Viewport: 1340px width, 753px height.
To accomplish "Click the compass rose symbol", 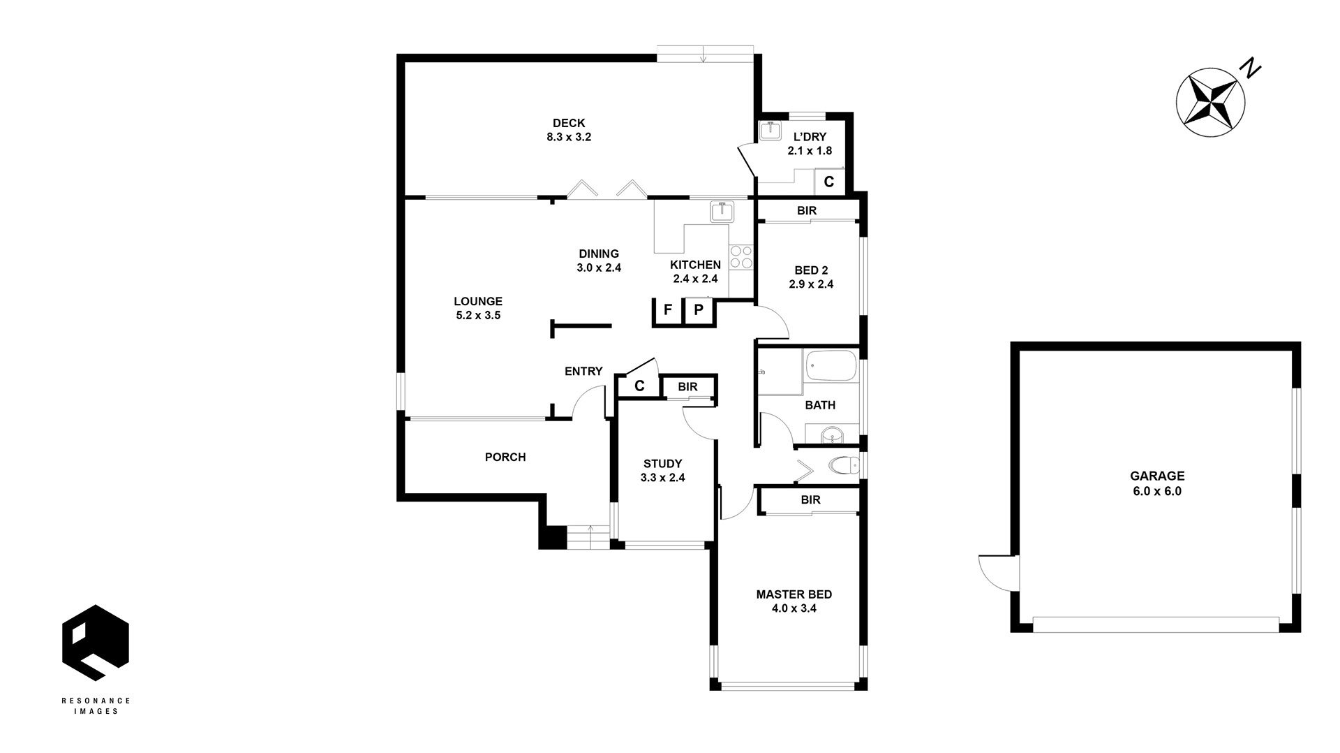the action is coord(1211,102).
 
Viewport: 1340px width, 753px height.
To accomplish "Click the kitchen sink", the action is coord(720,211).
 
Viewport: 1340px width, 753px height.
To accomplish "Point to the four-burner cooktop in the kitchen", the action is coord(740,257).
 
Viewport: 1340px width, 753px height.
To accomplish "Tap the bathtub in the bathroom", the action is coord(831,365).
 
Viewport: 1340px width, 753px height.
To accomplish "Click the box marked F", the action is coord(668,310).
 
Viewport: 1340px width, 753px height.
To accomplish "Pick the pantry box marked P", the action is coord(698,310).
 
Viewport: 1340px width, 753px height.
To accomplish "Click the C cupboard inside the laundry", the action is coord(829,182).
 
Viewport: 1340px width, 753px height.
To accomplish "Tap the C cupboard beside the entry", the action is coord(639,386).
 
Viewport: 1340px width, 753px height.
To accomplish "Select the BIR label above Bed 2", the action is coord(807,210).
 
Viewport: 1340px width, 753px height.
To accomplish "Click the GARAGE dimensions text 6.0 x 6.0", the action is coord(1157,491).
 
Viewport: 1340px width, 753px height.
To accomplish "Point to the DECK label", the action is coord(569,124).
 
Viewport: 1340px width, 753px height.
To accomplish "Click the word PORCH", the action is coord(505,458).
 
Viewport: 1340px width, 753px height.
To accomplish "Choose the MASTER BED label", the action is coord(794,594).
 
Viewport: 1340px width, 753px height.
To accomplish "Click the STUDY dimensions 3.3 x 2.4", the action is coord(663,478).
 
